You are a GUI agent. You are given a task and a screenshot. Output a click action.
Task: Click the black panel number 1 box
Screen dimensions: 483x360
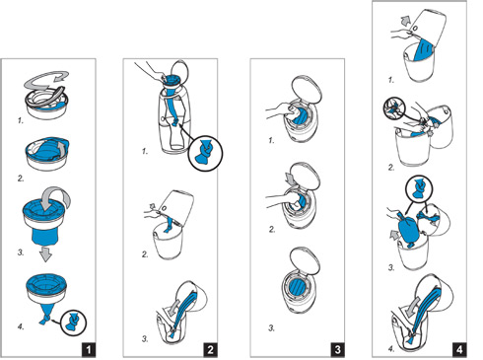tap(89, 349)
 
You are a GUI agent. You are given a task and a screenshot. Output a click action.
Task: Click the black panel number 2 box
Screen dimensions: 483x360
tap(210, 349)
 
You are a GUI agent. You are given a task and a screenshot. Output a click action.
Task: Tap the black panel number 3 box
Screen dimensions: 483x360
tap(338, 349)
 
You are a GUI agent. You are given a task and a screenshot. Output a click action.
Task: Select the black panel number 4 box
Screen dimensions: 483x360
tap(459, 349)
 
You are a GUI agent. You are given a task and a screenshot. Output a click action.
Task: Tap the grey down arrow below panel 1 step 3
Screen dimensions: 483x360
tap(45, 254)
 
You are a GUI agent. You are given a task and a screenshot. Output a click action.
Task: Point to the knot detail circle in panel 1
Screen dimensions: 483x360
tap(74, 323)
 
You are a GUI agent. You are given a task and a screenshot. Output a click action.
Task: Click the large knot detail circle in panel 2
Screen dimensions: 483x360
tap(205, 153)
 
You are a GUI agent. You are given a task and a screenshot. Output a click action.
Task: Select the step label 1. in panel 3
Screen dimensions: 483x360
tap(271, 141)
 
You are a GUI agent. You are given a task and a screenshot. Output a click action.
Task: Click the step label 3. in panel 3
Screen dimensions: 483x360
tap(271, 327)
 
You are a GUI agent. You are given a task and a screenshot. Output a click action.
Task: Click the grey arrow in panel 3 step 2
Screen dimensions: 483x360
tap(291, 179)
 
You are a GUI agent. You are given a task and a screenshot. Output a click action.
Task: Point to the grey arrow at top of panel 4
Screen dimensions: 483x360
tap(405, 23)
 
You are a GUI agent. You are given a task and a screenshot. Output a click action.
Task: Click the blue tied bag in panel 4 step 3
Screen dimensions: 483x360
tap(408, 229)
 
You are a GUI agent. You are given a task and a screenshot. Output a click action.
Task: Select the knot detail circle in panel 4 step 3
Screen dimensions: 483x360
tap(419, 188)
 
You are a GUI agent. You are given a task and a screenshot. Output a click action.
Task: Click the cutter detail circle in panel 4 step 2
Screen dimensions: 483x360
tap(395, 109)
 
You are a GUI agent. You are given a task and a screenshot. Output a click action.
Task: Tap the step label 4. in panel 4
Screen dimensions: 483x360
tap(391, 349)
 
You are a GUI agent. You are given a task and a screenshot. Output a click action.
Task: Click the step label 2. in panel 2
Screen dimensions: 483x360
tap(145, 254)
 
